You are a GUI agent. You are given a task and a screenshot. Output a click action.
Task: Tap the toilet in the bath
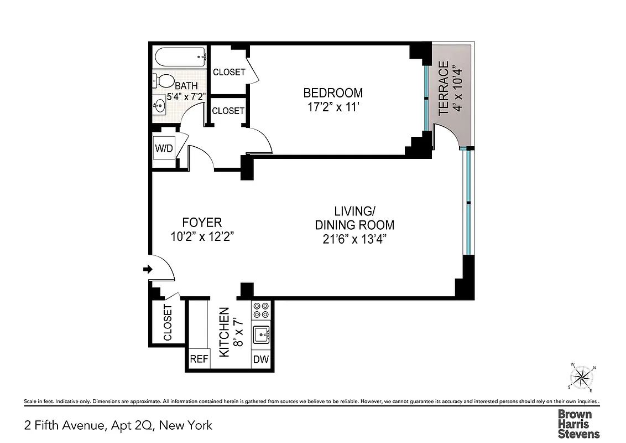162,81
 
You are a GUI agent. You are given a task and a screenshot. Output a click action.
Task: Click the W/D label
164,148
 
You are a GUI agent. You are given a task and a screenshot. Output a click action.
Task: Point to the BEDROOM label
333,92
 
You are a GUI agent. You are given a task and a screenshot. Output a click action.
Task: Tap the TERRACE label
444,89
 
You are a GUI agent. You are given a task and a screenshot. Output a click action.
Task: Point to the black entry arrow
148,269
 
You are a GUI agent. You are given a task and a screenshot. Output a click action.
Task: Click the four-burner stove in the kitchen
261,310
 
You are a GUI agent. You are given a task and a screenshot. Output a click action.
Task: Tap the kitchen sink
261,336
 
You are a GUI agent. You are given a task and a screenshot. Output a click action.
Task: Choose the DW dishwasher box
261,359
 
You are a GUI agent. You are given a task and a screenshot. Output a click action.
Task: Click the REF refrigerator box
199,359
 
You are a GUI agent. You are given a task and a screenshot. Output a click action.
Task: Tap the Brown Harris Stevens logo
578,424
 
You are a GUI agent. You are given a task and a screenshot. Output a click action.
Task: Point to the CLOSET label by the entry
168,323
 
